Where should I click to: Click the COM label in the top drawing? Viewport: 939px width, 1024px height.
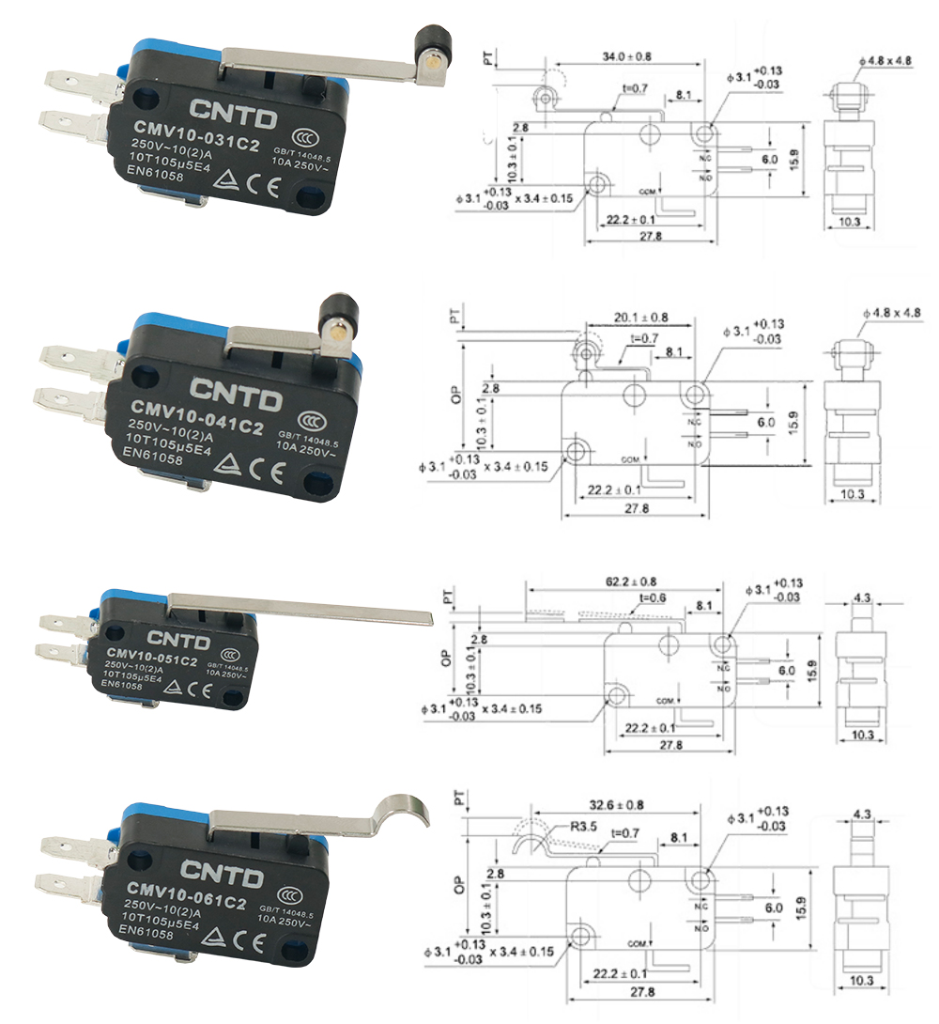click(646, 192)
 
